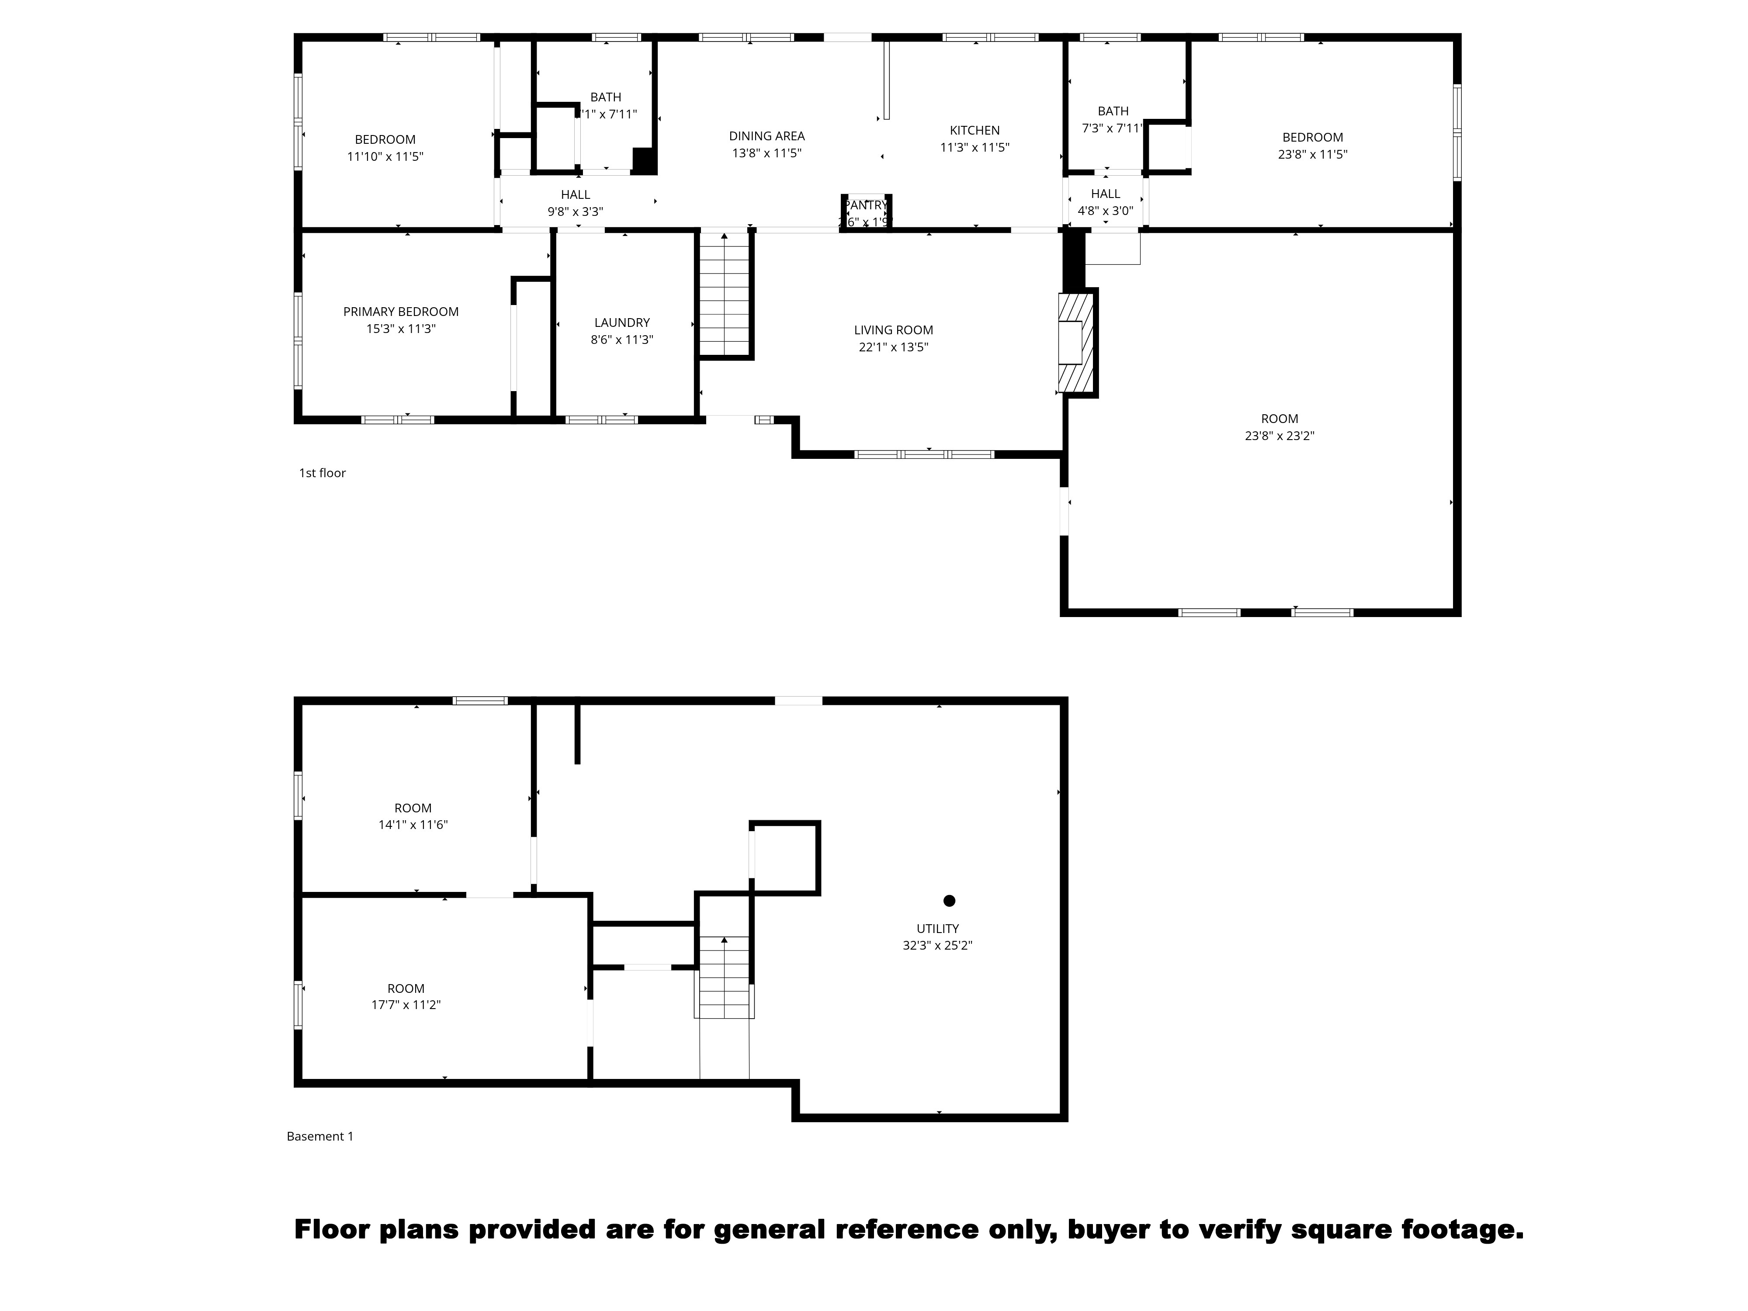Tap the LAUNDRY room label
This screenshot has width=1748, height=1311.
pyautogui.click(x=622, y=323)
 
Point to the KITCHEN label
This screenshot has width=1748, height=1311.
pyautogui.click(x=975, y=130)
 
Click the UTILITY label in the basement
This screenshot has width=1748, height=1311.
pyautogui.click(x=937, y=929)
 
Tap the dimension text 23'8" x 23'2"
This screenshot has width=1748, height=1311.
pyautogui.click(x=1280, y=435)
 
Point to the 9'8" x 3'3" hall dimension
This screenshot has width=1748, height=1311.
pyautogui.click(x=575, y=212)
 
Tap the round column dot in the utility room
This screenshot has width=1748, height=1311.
pyautogui.click(x=949, y=901)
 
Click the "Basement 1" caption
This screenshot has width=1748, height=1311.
pyautogui.click(x=320, y=1136)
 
